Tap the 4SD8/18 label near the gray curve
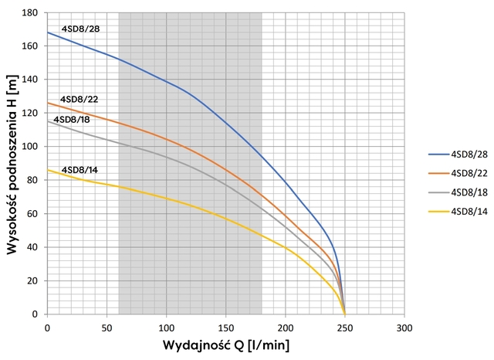click(72, 120)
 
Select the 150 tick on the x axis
click(226, 327)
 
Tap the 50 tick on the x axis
click(107, 327)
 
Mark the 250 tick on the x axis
click(345, 327)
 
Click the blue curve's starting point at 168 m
click(48, 32)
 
